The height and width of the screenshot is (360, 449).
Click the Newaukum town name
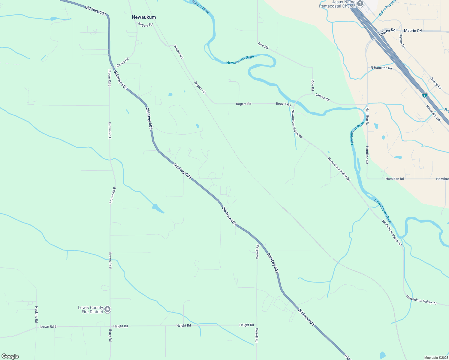[x=144, y=17]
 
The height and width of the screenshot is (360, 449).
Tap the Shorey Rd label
[x=122, y=62]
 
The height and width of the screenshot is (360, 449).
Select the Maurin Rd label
[x=413, y=31]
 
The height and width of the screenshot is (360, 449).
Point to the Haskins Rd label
[x=36, y=314]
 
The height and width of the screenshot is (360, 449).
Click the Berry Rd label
[x=110, y=335]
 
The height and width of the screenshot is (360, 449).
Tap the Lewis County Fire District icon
[x=107, y=309]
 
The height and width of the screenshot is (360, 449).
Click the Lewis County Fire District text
[x=90, y=310]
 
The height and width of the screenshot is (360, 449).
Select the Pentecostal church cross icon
[x=360, y=4]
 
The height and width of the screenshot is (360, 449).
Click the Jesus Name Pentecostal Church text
[x=337, y=4]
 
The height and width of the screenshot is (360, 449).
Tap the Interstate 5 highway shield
[x=424, y=95]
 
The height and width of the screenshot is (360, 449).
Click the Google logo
[x=10, y=356]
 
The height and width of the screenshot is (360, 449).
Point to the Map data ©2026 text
[x=436, y=358]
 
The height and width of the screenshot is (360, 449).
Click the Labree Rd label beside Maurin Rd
[x=387, y=32]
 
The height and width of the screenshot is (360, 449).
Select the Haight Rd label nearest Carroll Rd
[x=246, y=325]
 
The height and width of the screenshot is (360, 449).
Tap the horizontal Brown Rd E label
[x=48, y=326]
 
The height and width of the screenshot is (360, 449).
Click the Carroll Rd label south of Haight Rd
[x=257, y=335]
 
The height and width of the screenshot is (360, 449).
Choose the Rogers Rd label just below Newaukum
[x=146, y=25]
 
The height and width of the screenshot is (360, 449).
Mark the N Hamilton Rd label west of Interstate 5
[x=381, y=68]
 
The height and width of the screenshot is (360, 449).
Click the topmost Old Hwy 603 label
[x=95, y=11]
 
